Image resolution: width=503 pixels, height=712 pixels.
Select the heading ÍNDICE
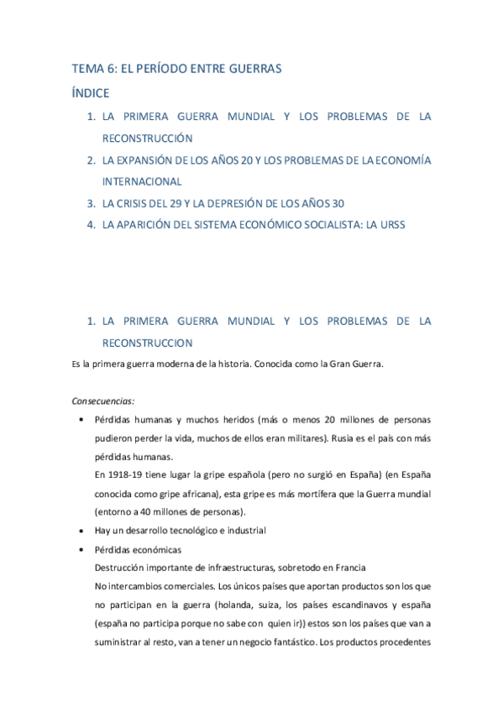point(90,92)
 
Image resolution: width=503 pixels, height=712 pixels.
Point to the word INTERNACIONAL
point(141,181)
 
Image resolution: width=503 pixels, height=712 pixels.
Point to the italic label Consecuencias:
point(104,400)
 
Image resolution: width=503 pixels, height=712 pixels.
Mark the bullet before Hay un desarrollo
point(80,531)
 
